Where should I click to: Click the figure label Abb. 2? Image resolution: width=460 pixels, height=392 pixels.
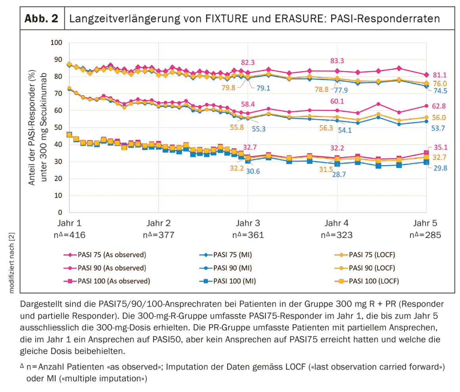coord(42,19)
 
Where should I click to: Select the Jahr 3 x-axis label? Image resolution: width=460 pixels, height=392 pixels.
coord(248,223)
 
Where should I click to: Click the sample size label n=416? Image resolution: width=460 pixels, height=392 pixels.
coord(70,234)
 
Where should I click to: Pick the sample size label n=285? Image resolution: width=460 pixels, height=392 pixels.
coord(425,234)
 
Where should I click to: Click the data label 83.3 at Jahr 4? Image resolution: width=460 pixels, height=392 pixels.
coord(337,61)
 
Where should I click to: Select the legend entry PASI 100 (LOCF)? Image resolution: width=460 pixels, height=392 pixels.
coord(374,281)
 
